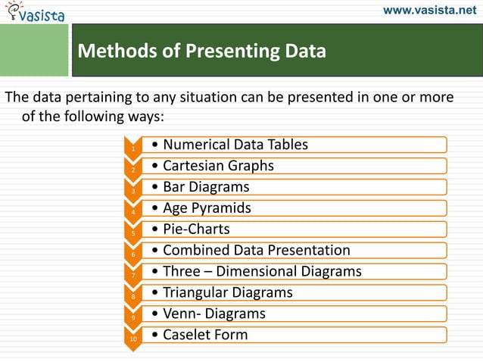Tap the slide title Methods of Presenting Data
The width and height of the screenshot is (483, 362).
[202, 51]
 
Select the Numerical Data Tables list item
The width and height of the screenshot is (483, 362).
[235, 145]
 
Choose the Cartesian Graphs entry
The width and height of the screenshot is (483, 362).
[218, 166]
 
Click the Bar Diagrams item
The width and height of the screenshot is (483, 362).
[206, 186]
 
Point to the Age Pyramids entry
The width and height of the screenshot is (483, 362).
[207, 208]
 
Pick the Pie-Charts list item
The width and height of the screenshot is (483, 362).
[196, 229]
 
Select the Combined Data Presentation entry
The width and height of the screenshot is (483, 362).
[256, 250]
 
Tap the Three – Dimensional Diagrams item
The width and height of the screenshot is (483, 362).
[262, 271]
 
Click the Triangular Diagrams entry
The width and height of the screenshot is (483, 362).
[228, 292]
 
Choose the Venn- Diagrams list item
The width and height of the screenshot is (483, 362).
[214, 314]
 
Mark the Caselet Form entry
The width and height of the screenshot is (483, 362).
[205, 335]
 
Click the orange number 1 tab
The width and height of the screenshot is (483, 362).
[133, 149]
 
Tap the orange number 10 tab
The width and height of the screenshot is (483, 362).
[133, 340]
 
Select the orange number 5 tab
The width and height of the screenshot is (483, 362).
[133, 234]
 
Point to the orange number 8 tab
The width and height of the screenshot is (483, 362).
[133, 298]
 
